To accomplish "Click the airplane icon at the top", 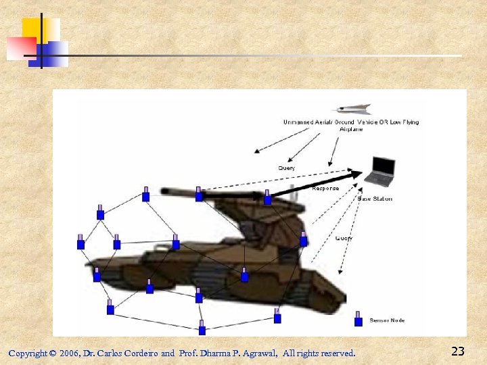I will (x=353, y=109).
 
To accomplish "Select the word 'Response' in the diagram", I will (x=325, y=189).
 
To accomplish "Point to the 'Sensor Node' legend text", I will (x=387, y=320).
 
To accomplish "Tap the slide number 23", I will (x=457, y=351).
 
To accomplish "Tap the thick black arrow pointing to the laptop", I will (x=318, y=185).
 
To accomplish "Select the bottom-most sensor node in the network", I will (x=202, y=328).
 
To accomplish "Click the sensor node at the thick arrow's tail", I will (x=267, y=198).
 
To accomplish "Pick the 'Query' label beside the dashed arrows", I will (x=344, y=238).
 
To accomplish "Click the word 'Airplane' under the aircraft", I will (x=351, y=129).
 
